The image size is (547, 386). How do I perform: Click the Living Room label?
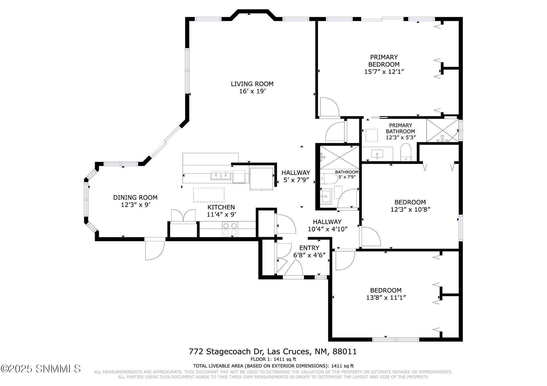(252, 84)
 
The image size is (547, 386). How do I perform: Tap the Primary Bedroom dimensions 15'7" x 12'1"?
(384, 72)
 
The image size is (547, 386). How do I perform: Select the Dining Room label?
(135, 198)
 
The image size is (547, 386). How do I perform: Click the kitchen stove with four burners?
(230, 229)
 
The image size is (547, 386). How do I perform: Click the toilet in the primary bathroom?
(406, 152)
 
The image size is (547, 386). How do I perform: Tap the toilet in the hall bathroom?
(329, 179)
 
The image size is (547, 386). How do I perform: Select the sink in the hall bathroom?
(326, 196)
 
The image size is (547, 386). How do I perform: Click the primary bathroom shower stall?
(442, 130)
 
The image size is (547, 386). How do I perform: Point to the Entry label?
(309, 248)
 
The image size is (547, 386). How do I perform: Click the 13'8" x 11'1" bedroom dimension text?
(386, 297)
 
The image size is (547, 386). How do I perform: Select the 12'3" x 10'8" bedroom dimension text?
(410, 210)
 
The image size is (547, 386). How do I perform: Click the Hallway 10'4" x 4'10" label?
(327, 225)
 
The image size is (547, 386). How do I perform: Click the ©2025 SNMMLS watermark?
(41, 369)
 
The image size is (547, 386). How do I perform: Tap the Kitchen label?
(221, 207)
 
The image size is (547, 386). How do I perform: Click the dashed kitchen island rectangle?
(209, 195)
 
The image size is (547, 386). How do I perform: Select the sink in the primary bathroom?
(377, 154)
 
